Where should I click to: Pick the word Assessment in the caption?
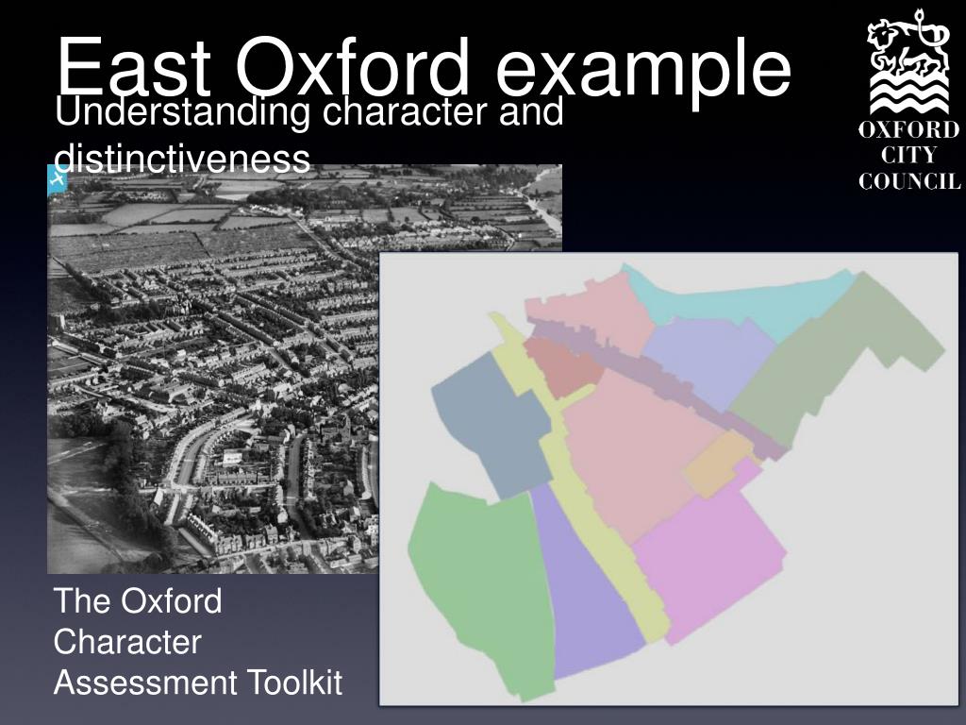coord(145,682)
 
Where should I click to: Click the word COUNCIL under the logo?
coord(909,181)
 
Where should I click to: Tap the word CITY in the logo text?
coord(909,156)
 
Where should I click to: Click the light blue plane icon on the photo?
coord(56,179)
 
